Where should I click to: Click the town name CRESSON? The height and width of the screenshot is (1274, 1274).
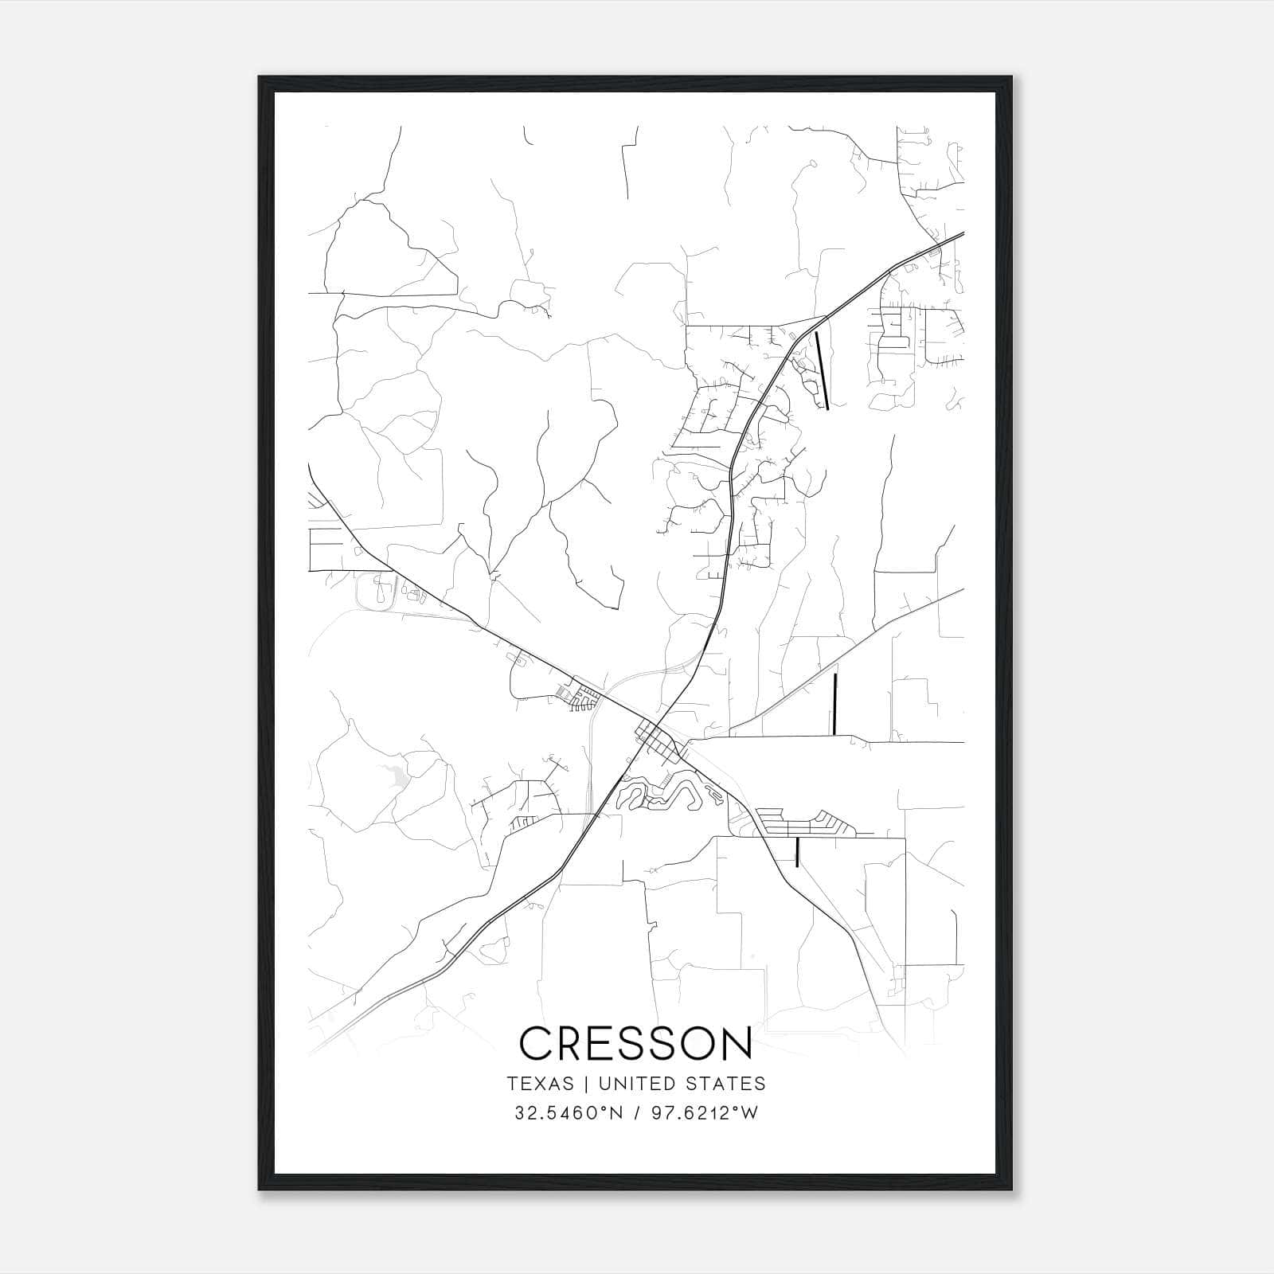[x=635, y=1043]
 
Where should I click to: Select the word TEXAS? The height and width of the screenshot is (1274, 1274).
[x=538, y=1084]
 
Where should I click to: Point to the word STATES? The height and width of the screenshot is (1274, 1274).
[x=724, y=1084]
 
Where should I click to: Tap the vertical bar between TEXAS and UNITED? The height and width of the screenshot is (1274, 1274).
[x=585, y=1084]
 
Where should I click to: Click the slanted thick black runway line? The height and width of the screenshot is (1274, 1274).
[x=823, y=371]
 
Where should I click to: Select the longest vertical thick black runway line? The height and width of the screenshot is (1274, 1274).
[x=834, y=703]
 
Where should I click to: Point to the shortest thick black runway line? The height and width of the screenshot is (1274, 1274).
[x=797, y=851]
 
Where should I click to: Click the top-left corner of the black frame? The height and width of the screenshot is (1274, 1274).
[x=260, y=78]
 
